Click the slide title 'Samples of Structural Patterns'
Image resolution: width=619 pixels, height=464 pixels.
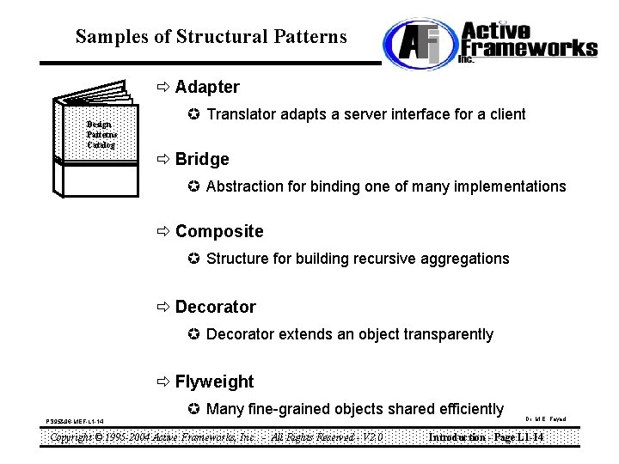click(x=211, y=37)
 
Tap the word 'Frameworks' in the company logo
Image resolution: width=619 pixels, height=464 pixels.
click(x=529, y=46)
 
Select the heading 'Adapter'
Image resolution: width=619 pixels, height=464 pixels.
click(x=207, y=87)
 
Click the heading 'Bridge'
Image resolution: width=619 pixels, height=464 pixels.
click(x=202, y=159)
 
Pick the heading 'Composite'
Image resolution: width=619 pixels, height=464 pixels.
click(x=219, y=231)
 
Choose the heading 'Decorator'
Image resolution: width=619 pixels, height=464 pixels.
click(x=215, y=307)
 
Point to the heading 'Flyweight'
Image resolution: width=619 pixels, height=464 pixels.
click(x=214, y=382)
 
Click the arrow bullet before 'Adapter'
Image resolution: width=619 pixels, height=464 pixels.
click(x=163, y=87)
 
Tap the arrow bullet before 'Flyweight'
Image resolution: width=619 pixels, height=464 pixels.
click(x=163, y=382)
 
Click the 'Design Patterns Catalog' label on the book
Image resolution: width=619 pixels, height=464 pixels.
click(x=101, y=135)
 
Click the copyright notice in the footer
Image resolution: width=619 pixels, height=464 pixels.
click(x=215, y=437)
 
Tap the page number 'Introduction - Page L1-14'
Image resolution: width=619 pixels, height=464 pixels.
click(x=486, y=437)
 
